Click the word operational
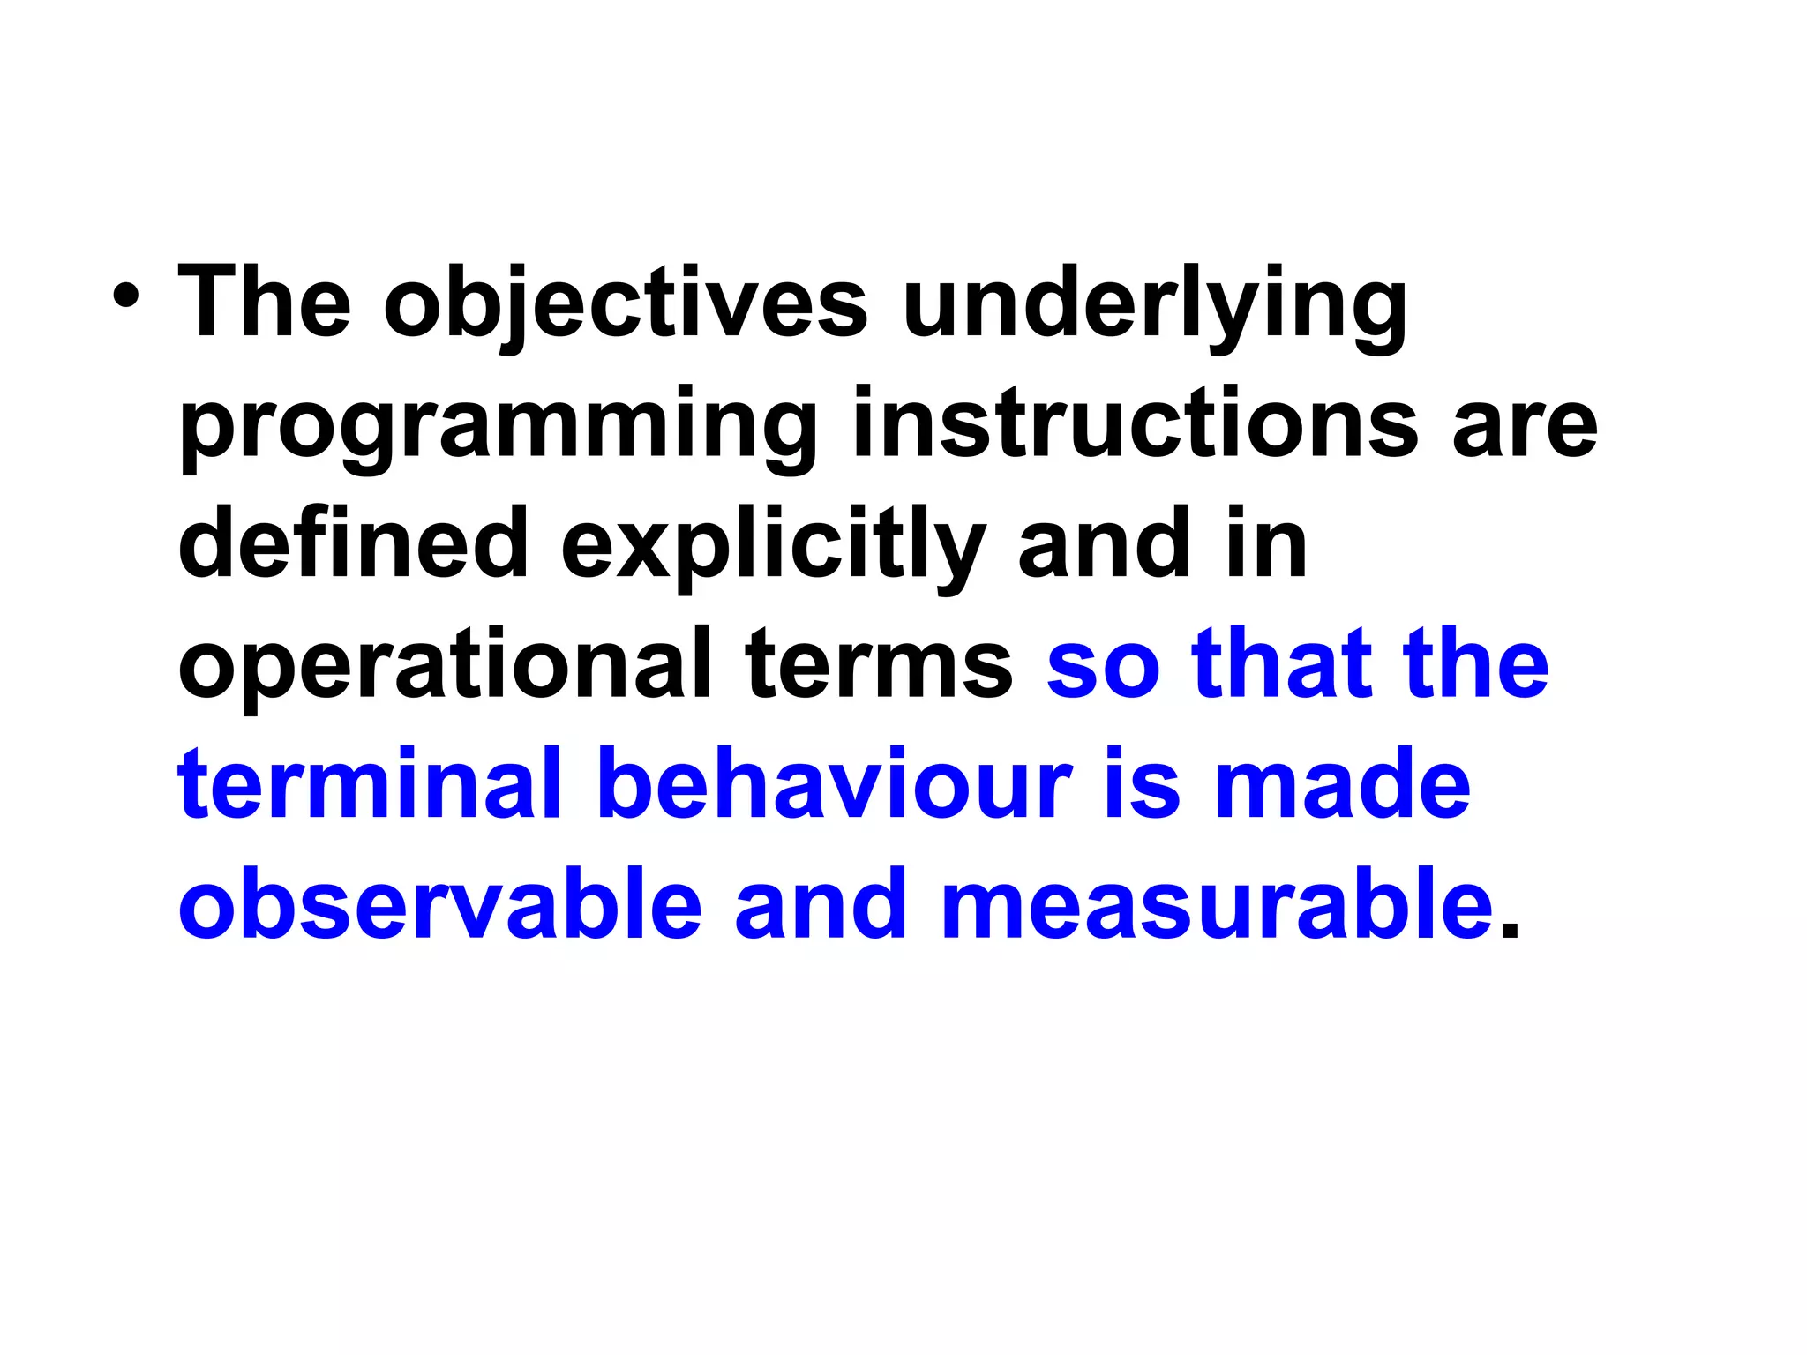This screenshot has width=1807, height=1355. [x=445, y=666]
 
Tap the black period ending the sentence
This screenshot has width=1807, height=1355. [x=1510, y=930]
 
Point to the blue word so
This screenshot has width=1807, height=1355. [x=1103, y=666]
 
